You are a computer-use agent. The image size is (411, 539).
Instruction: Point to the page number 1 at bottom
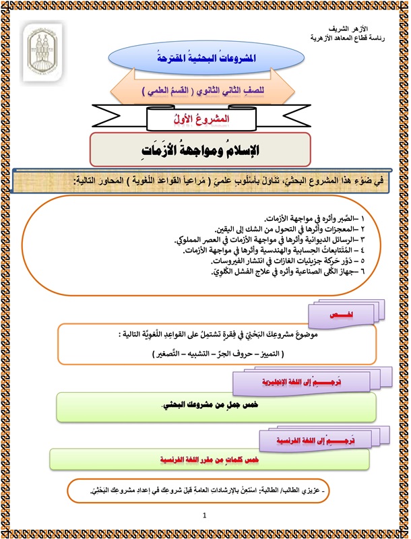(x=204, y=515)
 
